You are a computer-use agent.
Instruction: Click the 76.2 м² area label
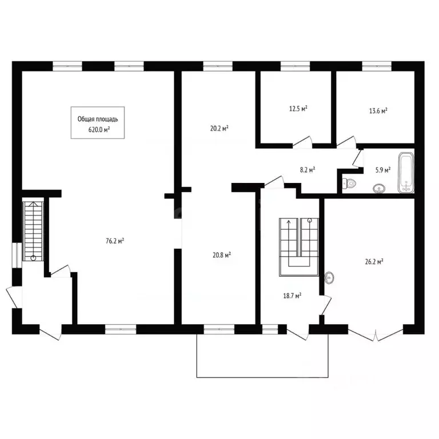point(115,241)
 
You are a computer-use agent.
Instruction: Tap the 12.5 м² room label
point(298,109)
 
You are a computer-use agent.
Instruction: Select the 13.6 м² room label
point(378,110)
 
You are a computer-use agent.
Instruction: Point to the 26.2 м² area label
point(374,262)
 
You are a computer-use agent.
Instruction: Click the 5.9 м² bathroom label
point(383,170)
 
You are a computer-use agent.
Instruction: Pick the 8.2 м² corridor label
point(308,170)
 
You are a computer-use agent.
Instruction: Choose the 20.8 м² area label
point(222,255)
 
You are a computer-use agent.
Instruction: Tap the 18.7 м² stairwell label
point(292,296)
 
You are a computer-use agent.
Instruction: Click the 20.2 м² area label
point(219,129)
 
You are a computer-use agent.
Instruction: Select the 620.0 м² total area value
point(99,130)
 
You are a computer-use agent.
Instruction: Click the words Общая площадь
point(98,119)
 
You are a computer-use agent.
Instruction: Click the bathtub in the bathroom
point(406,173)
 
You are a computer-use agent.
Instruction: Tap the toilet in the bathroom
point(349,183)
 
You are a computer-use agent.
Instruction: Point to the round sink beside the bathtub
point(379,189)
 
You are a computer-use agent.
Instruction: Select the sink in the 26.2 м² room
point(329,278)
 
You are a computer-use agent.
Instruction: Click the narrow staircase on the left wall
point(33,232)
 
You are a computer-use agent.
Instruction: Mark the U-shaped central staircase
point(299,247)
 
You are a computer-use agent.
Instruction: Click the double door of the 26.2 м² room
point(376,334)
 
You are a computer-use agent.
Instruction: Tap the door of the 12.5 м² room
point(302,142)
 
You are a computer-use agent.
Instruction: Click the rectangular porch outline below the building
point(262,377)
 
